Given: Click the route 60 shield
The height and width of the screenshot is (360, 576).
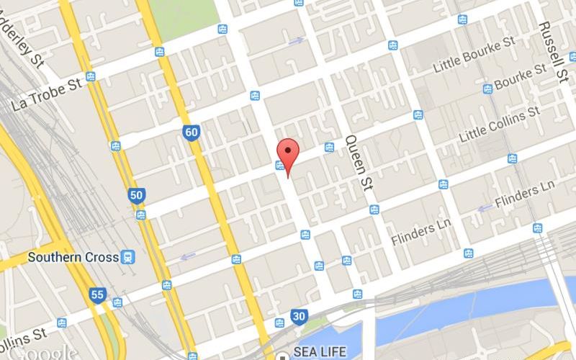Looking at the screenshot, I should [191, 132].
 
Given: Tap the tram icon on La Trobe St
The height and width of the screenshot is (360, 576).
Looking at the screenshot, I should [91, 76].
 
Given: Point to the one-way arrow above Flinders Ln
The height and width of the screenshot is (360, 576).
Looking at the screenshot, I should [485, 208].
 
